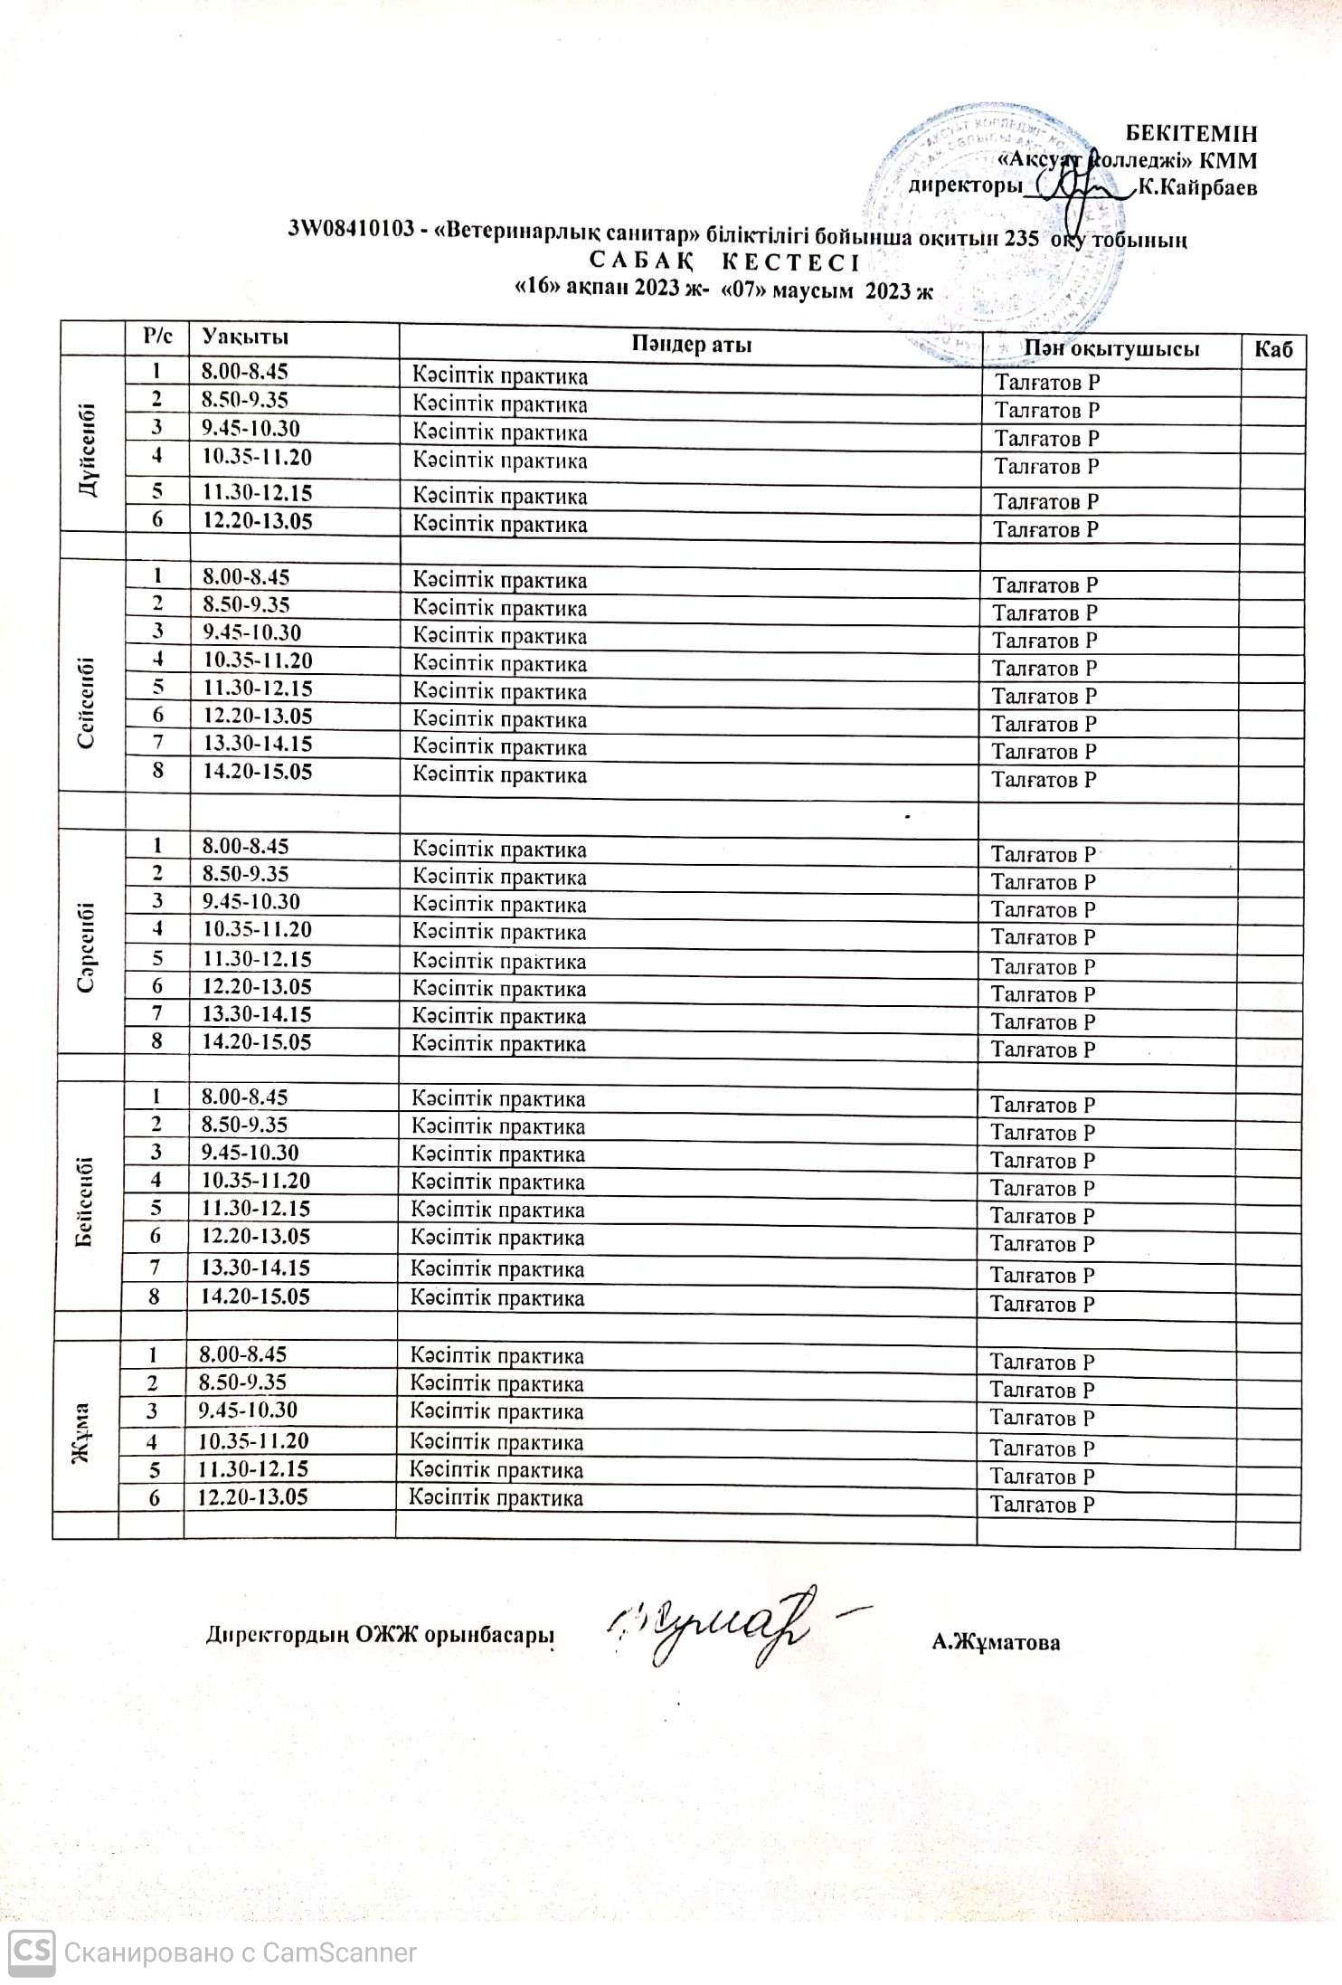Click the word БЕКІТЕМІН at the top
click(1190, 134)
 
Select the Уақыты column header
click(245, 337)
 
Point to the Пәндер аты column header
click(692, 344)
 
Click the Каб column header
click(1273, 349)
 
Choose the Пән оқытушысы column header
click(1110, 349)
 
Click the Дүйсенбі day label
click(90, 449)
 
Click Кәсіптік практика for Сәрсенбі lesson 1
click(499, 850)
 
